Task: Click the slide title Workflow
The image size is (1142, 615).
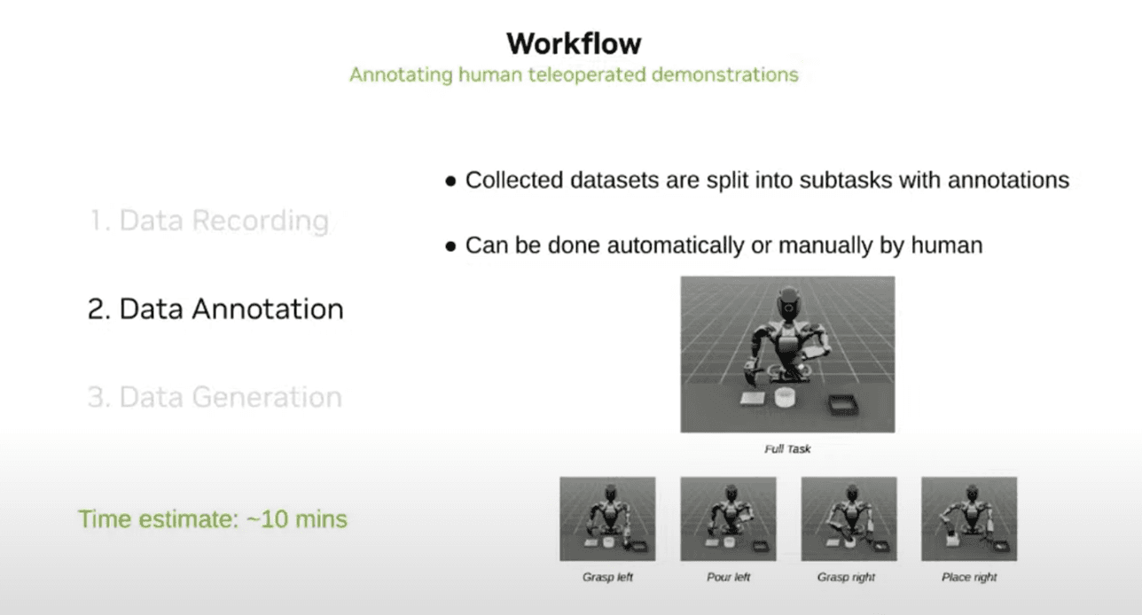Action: pyautogui.click(x=574, y=43)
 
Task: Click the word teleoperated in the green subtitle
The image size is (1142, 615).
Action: pyautogui.click(x=586, y=75)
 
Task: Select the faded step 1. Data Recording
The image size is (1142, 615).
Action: pyautogui.click(x=209, y=221)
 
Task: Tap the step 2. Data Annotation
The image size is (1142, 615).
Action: pyautogui.click(x=215, y=308)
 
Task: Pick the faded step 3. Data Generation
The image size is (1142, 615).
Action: pyautogui.click(x=215, y=397)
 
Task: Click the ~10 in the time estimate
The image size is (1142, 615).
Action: pyautogui.click(x=267, y=519)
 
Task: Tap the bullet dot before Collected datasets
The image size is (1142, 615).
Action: pyautogui.click(x=450, y=181)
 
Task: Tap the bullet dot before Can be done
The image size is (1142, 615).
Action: pyautogui.click(x=450, y=246)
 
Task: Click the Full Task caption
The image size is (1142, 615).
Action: pyautogui.click(x=787, y=449)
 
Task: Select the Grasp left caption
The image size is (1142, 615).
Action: pyautogui.click(x=607, y=577)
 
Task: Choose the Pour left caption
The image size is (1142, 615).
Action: pyautogui.click(x=728, y=577)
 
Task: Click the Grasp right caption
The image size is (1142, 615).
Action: pyautogui.click(x=846, y=577)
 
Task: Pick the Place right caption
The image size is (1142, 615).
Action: pyautogui.click(x=968, y=577)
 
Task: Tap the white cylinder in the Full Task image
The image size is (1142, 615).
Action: pyautogui.click(x=786, y=397)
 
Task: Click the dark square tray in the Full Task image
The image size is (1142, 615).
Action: pyautogui.click(x=843, y=405)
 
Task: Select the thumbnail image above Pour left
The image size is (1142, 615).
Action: pyautogui.click(x=728, y=518)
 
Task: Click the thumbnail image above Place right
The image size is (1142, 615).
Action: pyautogui.click(x=969, y=518)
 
